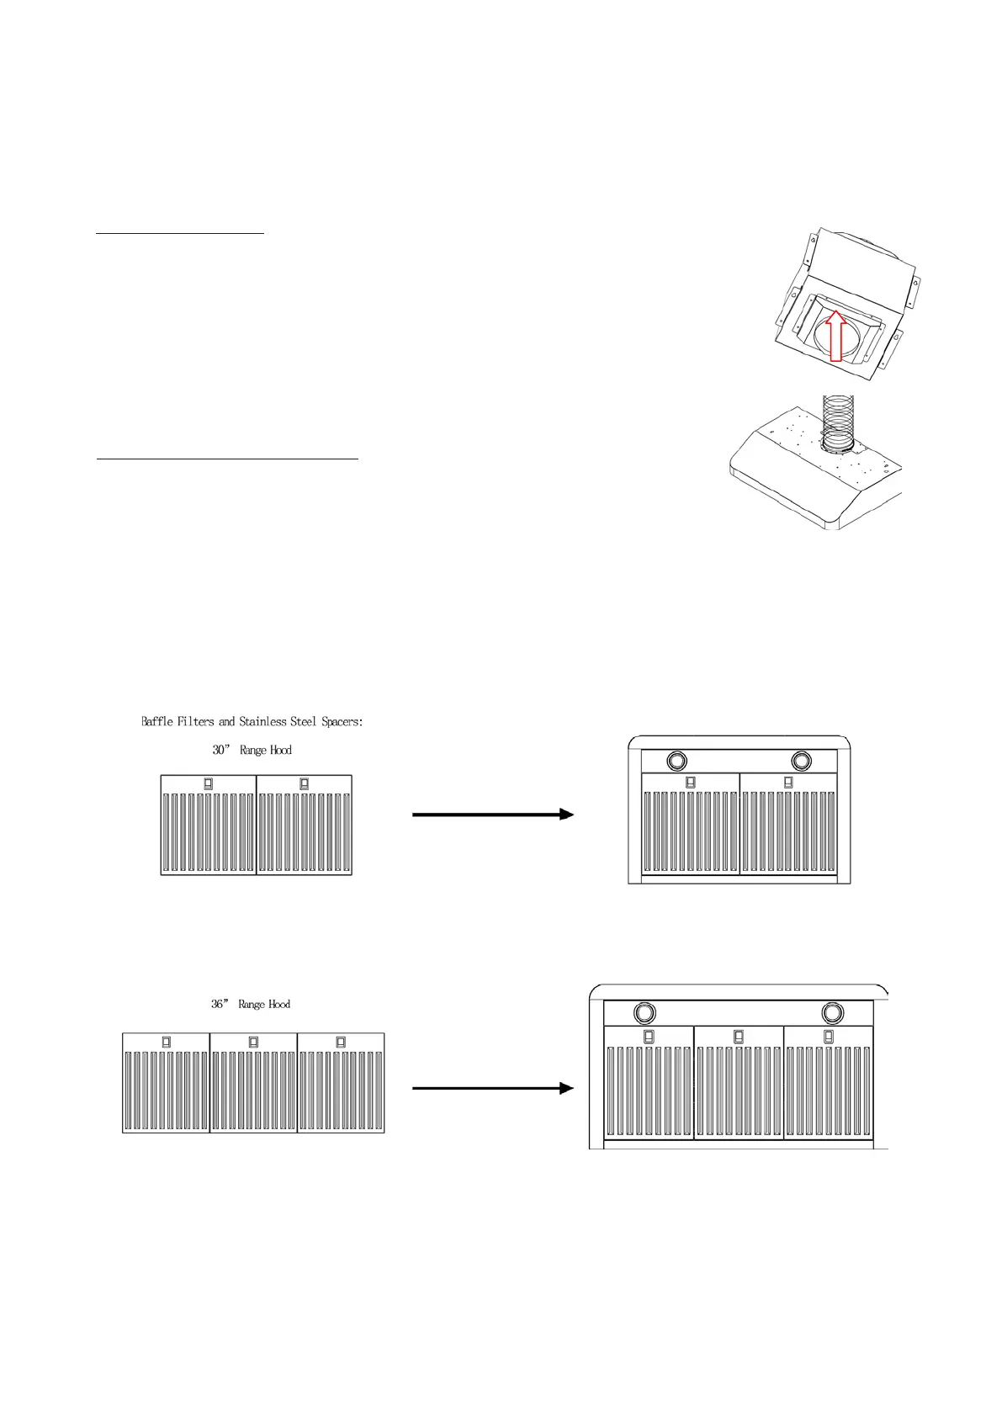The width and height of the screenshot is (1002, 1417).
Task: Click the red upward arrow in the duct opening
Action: [835, 337]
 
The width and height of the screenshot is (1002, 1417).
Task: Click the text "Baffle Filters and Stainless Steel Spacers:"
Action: [252, 721]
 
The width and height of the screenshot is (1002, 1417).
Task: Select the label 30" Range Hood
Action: [252, 750]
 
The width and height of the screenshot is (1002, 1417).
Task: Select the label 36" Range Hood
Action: [251, 1004]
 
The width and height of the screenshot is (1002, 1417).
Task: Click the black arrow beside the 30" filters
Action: [493, 815]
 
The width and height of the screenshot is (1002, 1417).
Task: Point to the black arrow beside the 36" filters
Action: [493, 1088]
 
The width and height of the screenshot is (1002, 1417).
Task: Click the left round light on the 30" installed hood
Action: [676, 762]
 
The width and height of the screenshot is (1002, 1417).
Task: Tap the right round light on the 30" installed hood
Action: [802, 762]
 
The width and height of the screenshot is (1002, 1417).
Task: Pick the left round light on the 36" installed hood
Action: [644, 1011]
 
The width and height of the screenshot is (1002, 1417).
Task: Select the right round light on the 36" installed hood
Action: [833, 1011]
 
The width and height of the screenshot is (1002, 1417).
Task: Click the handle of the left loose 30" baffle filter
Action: [209, 783]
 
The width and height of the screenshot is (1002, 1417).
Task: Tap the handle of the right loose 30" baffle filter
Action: [305, 783]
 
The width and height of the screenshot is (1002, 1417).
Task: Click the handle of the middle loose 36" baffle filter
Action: [253, 1042]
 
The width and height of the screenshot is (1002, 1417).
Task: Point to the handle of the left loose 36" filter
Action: [166, 1042]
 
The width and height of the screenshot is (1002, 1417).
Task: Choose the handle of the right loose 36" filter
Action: [341, 1042]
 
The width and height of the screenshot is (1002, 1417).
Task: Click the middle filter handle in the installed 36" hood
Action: [739, 1037]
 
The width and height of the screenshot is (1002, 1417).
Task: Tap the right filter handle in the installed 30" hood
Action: [788, 782]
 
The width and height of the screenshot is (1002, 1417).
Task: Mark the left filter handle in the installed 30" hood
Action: [691, 782]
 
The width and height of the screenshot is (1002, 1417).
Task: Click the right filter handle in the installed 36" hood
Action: [829, 1037]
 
